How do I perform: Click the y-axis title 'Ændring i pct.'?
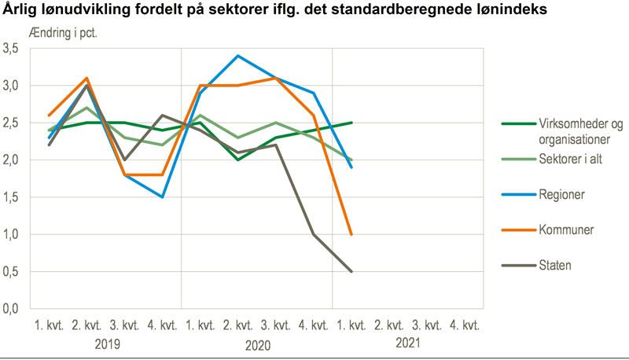[63, 34]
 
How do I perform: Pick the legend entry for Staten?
[555, 266]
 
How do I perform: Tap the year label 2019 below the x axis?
[106, 343]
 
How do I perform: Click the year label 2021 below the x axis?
[407, 343]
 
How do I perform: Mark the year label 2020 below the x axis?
[257, 343]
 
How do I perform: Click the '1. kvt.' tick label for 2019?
[50, 325]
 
